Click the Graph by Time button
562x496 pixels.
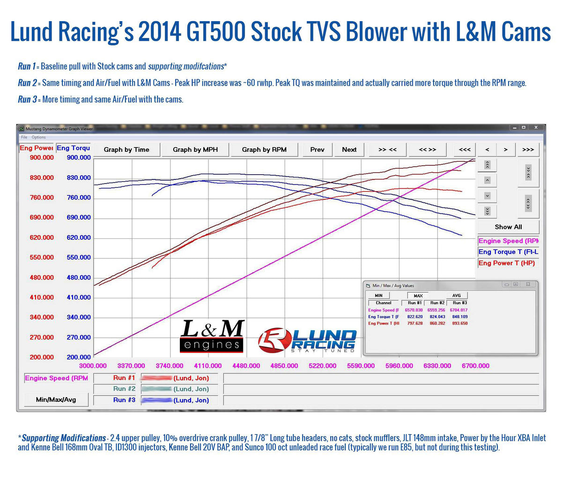pos(126,150)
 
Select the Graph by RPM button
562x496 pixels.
pos(264,150)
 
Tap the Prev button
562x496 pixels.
pos(317,150)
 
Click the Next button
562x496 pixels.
pos(349,150)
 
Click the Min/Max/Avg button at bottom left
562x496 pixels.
pos(56,400)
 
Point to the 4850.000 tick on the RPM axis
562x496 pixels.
pos(284,366)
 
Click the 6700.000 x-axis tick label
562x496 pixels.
pos(475,366)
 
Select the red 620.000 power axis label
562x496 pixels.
pos(42,237)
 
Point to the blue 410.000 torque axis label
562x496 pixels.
pos(79,297)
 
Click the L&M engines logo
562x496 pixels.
pos(212,336)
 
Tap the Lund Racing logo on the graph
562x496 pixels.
pos(307,340)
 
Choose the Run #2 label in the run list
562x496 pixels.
pos(124,389)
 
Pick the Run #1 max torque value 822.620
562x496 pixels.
pos(414,317)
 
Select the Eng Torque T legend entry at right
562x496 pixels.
pos(508,252)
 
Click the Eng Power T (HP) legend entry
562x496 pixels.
pos(506,263)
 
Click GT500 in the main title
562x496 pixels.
pos(216,32)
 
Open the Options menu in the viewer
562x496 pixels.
pos(38,137)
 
